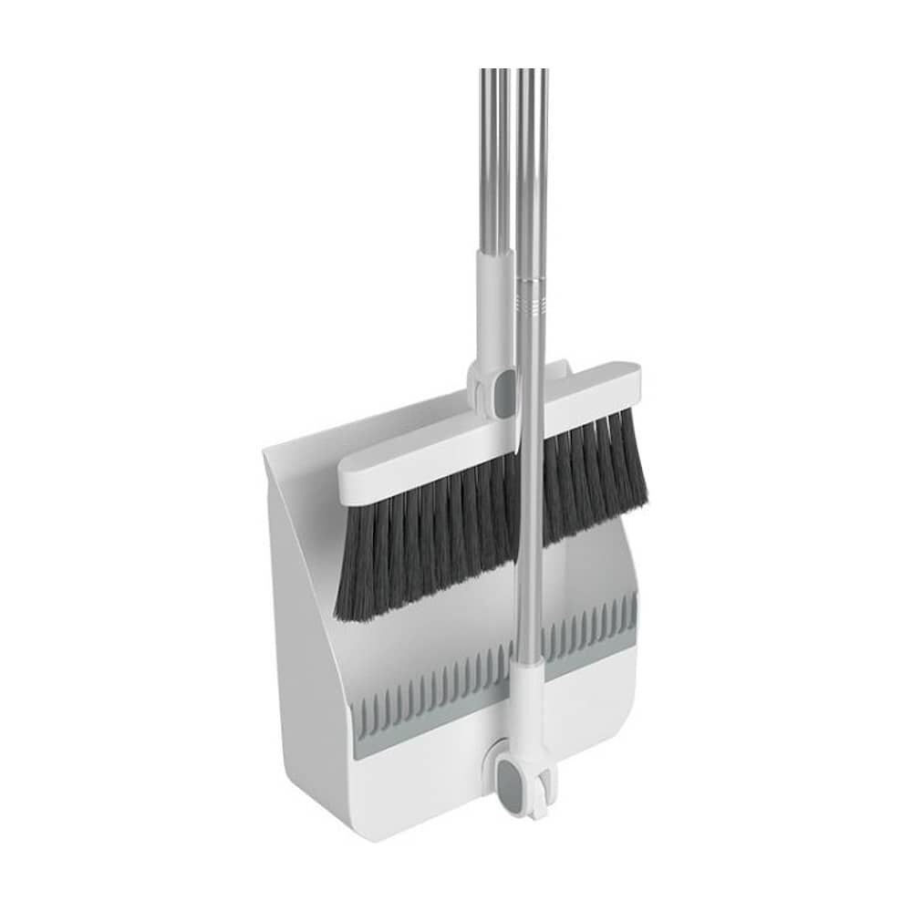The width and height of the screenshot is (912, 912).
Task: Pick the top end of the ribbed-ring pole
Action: coord(533,78)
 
